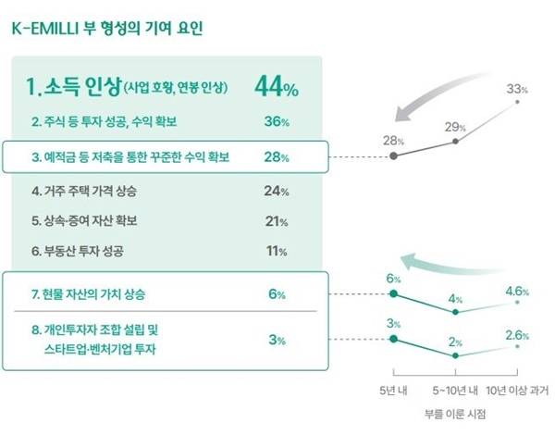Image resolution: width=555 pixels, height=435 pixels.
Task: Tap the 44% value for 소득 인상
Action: click(277, 89)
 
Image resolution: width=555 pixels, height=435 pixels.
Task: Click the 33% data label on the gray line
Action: click(517, 90)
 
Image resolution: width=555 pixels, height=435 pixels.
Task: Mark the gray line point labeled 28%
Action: click(395, 156)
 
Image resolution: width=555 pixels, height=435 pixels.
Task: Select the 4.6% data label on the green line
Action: click(516, 291)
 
